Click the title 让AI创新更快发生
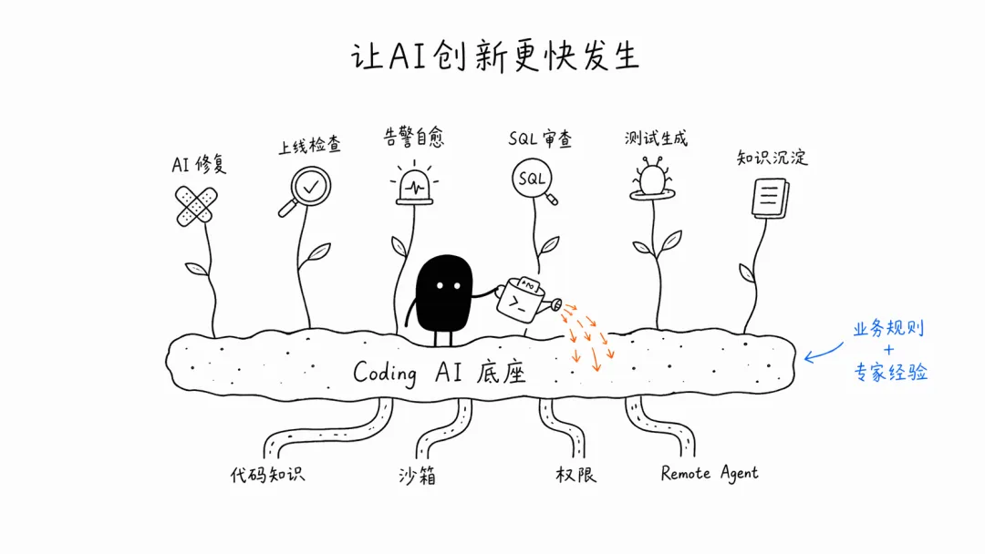click(x=495, y=56)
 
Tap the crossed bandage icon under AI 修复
click(x=196, y=205)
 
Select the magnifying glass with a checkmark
click(x=306, y=190)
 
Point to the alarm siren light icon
click(x=414, y=185)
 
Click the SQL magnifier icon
click(x=534, y=180)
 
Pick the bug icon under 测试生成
click(x=653, y=180)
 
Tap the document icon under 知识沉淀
click(x=770, y=199)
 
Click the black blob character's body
click(x=444, y=292)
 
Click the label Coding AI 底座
click(x=439, y=373)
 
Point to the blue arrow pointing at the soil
click(x=823, y=354)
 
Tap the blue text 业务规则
click(x=888, y=328)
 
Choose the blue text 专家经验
click(x=891, y=372)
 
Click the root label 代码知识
click(x=267, y=475)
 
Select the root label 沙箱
click(x=417, y=476)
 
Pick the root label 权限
click(x=575, y=475)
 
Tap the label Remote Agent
click(x=710, y=473)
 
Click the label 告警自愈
click(x=414, y=137)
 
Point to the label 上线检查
click(x=310, y=146)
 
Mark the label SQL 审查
click(x=540, y=138)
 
